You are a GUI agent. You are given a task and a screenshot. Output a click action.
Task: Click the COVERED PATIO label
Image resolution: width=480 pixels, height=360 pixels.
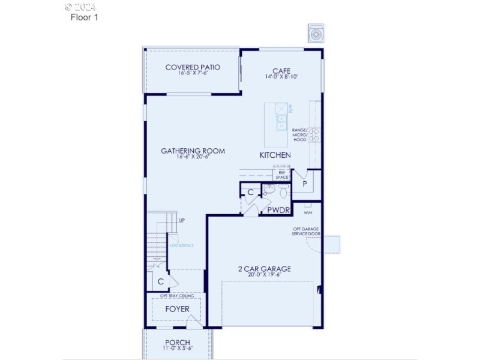point(193,67)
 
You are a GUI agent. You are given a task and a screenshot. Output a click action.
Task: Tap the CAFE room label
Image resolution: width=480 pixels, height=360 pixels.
point(281,70)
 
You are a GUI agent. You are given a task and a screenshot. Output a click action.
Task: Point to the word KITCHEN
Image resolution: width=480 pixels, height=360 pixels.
point(275,155)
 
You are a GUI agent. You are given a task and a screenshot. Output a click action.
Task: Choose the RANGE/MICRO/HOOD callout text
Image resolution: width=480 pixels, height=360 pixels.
point(299,135)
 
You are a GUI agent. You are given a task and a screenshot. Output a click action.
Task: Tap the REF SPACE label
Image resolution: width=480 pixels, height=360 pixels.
point(281,175)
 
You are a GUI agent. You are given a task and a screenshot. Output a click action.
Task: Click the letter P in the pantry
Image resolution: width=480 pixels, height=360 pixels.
point(305,184)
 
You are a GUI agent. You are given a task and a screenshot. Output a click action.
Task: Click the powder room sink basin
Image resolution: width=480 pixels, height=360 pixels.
point(269,191)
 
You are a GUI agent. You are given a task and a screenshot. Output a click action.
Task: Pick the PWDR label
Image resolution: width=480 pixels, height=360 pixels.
point(279,211)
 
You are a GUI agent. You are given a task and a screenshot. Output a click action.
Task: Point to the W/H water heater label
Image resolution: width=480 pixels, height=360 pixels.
point(308,212)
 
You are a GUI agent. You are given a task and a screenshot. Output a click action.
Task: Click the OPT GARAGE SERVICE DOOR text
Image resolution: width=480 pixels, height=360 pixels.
point(305,231)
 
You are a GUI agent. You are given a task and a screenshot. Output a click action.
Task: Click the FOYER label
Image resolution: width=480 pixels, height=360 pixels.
point(177,309)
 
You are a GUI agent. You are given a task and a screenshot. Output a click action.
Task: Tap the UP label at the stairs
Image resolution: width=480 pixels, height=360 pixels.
point(181,220)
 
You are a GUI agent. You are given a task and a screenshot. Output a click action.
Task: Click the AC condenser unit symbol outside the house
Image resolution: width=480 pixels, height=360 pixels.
point(316,34)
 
